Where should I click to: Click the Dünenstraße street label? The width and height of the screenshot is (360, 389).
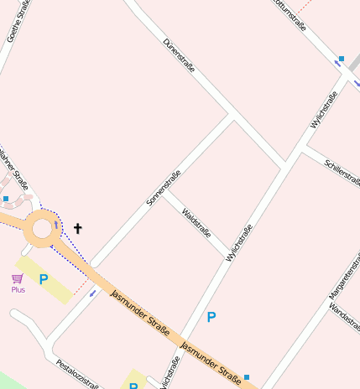179,54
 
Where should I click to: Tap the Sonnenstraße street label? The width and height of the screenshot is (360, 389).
164,189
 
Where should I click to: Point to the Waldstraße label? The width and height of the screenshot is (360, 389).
196,222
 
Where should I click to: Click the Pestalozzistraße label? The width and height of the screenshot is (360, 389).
77,375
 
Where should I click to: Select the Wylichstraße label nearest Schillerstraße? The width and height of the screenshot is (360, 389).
324,110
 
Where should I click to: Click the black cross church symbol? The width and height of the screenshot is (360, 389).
78,228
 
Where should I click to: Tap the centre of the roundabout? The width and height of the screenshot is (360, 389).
40,228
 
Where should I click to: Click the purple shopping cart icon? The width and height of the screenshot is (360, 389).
17,278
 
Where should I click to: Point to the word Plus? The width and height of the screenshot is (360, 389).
18,290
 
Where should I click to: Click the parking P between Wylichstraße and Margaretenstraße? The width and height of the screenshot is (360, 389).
211,317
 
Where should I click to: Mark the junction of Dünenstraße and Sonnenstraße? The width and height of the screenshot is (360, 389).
232,115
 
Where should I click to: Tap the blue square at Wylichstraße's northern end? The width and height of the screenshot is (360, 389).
341,60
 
